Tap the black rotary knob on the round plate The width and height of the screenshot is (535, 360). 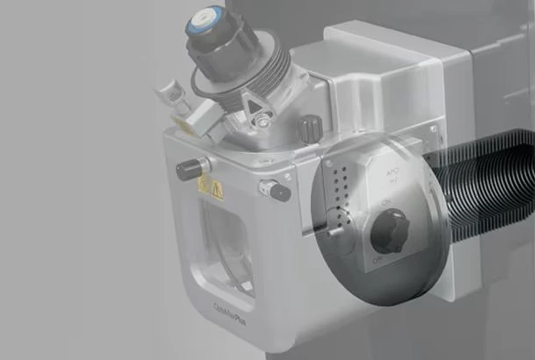[389, 230]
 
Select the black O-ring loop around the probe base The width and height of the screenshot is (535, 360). [205, 93]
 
